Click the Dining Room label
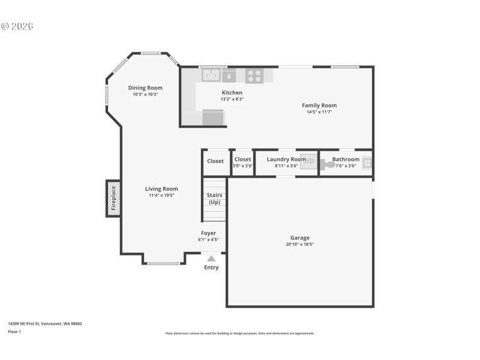pos(145,88)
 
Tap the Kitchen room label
pos(232,92)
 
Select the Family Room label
pos(319,105)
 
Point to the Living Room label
pos(161,188)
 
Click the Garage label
pos(301,238)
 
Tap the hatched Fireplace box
pos(113,199)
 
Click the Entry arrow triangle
pos(211,258)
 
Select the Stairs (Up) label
pos(214,199)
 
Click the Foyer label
pos(208,233)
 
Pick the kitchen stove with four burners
pos(254,76)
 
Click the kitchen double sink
pos(211,75)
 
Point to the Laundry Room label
pos(286,159)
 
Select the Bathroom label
pos(346,159)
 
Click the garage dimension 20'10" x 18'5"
pos(301,244)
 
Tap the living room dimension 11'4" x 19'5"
pos(161,195)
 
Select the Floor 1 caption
pos(14,331)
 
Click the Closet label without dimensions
pos(215,161)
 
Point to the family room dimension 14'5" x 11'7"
pos(319,112)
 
